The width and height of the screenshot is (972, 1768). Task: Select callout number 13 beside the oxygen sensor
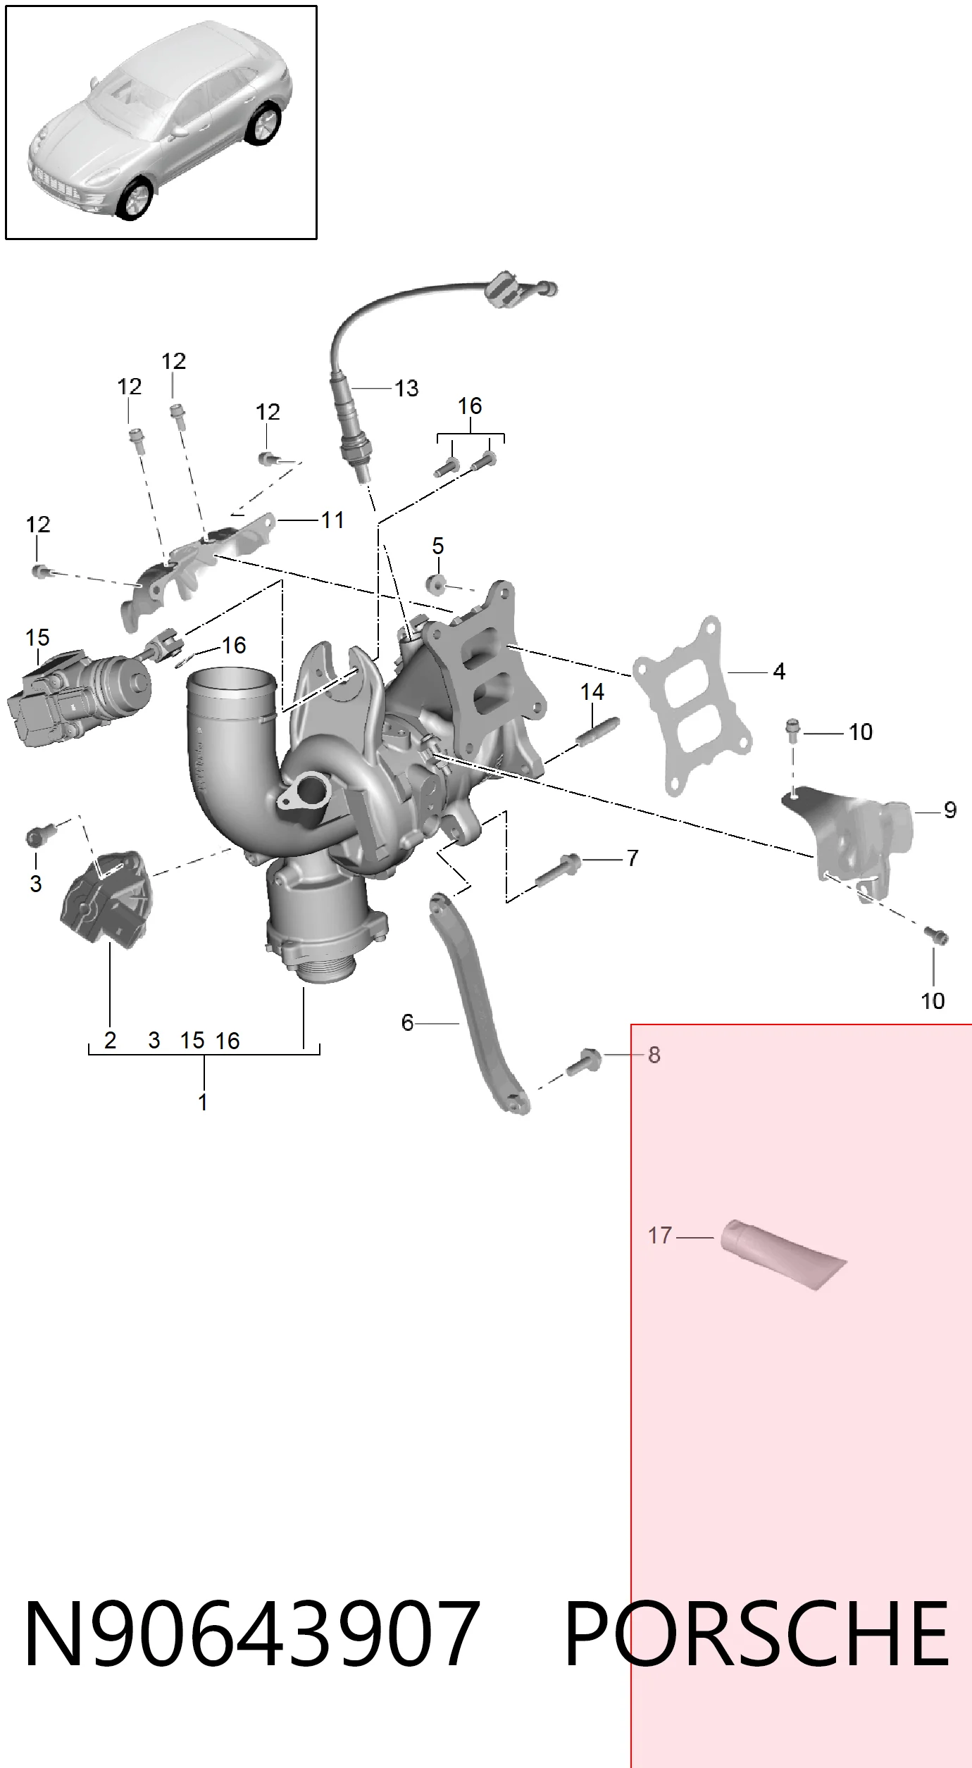[x=406, y=388]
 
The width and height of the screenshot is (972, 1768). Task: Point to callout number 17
[x=660, y=1235]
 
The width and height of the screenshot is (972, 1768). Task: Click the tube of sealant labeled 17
[x=782, y=1255]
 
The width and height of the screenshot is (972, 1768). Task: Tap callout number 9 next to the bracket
[x=950, y=810]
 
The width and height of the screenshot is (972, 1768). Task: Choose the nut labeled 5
[x=437, y=584]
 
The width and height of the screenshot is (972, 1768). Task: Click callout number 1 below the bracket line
[x=203, y=1102]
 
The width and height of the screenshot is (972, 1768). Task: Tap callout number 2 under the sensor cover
[x=110, y=1040]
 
